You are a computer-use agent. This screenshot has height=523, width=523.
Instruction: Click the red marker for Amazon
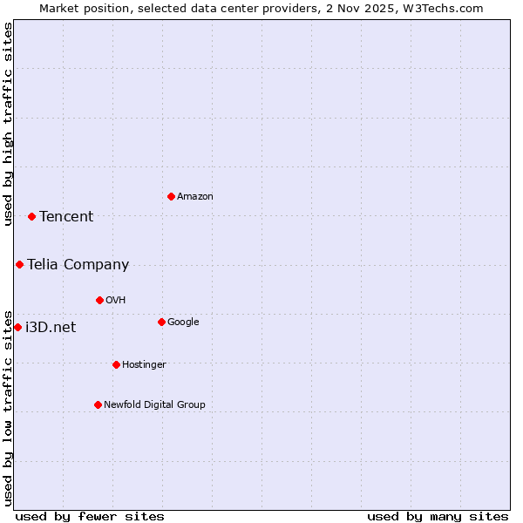click(x=171, y=196)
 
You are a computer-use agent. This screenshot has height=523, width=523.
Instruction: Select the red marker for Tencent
click(x=31, y=216)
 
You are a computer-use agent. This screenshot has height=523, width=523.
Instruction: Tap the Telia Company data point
click(x=19, y=264)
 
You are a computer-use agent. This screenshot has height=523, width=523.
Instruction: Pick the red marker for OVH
click(x=99, y=300)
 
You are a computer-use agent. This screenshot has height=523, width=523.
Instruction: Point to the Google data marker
click(x=161, y=322)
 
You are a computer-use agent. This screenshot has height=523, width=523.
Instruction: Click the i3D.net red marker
click(x=17, y=327)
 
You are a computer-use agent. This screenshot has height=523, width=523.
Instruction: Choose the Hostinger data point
click(x=116, y=364)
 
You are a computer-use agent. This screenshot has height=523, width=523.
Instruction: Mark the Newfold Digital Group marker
click(x=98, y=404)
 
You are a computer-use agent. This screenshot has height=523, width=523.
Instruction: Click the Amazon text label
click(x=195, y=197)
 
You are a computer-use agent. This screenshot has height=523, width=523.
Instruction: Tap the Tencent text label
click(x=66, y=217)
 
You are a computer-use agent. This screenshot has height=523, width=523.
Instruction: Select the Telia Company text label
click(x=78, y=265)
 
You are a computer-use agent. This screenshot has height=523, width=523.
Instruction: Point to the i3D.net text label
click(x=51, y=328)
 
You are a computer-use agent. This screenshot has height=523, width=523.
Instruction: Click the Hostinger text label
click(x=144, y=365)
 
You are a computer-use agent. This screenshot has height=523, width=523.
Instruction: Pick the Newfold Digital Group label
click(x=154, y=405)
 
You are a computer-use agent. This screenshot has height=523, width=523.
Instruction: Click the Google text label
click(x=183, y=323)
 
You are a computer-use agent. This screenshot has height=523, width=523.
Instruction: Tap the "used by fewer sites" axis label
click(x=90, y=516)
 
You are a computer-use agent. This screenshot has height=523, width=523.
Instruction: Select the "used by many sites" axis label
click(x=438, y=516)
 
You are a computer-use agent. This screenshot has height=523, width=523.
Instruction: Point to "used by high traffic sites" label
click(x=8, y=124)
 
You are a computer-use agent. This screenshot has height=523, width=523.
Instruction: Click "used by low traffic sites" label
click(x=8, y=407)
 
